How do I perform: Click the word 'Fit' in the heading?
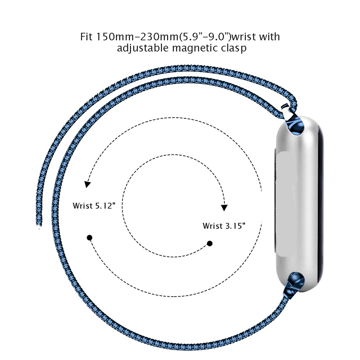coord(86,37)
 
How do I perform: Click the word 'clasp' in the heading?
coord(234,48)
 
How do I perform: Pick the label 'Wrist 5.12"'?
coord(94,206)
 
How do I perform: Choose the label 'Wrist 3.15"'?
coord(224,226)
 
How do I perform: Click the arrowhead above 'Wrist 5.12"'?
coord(87,184)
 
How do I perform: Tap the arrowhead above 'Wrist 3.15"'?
coord(224,208)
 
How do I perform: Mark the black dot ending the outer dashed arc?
coord(90,237)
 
